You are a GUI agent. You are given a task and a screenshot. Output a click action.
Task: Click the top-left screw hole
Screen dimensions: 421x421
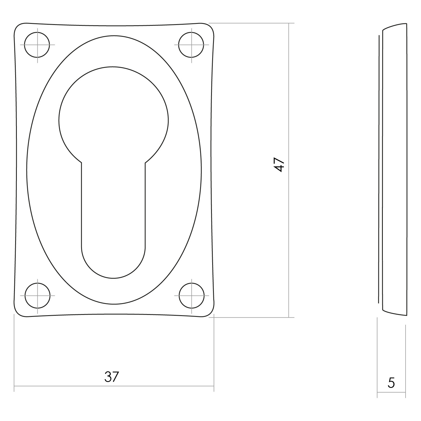click(x=37, y=45)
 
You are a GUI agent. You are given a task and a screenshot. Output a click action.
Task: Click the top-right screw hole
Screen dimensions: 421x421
click(x=191, y=45)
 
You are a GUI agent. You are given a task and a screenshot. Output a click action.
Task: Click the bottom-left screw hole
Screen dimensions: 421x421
click(x=37, y=296)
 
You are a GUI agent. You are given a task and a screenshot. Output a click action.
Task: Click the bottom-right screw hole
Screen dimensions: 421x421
click(x=191, y=296)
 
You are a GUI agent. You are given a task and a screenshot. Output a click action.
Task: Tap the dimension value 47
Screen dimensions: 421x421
click(x=280, y=165)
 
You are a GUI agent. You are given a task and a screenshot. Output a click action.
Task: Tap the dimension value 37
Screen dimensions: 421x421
click(x=112, y=377)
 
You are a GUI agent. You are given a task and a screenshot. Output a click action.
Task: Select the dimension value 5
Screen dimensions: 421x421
click(x=391, y=383)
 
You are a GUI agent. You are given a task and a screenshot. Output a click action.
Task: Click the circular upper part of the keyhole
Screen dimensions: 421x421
click(x=113, y=118)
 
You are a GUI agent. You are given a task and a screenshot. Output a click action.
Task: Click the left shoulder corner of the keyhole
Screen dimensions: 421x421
click(x=82, y=163)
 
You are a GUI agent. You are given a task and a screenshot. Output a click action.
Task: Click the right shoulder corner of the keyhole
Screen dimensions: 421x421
click(x=145, y=163)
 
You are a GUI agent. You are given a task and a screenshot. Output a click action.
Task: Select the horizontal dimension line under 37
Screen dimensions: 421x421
click(x=168, y=386)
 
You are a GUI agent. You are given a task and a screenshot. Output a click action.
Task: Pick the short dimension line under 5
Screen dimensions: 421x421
click(x=391, y=392)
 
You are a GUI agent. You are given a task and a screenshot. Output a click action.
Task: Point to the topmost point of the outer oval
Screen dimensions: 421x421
click(x=114, y=35)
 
